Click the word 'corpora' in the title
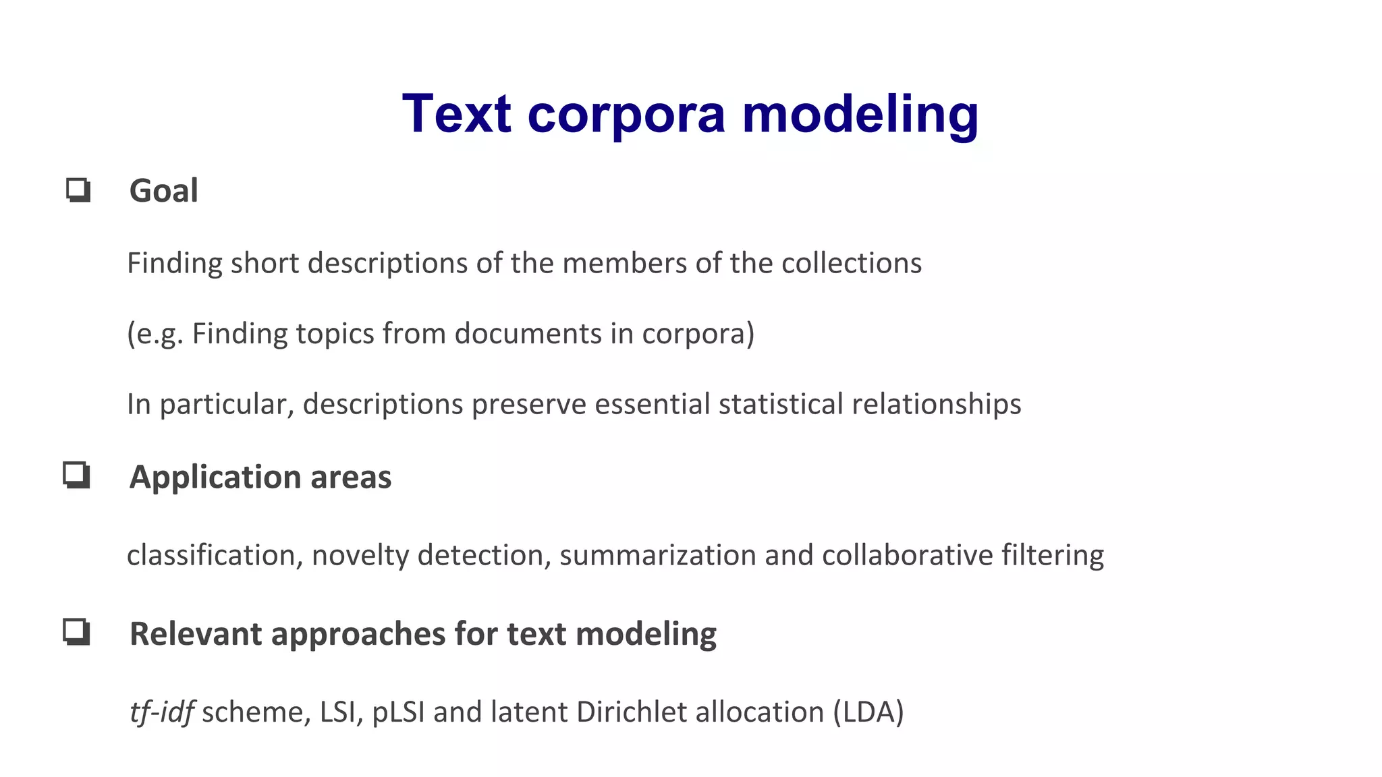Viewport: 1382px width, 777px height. [626, 115]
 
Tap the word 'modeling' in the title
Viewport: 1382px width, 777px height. [860, 115]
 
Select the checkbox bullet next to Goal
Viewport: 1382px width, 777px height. [78, 190]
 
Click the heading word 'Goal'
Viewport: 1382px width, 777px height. [164, 191]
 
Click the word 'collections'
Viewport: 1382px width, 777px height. [852, 263]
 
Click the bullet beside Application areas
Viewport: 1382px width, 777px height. [77, 476]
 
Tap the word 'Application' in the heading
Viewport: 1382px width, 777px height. [215, 478]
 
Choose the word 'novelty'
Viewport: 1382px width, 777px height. [360, 556]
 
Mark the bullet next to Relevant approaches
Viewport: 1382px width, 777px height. [77, 633]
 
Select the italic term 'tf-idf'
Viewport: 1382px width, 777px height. [162, 712]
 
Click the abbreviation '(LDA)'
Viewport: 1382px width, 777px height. [868, 712]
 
